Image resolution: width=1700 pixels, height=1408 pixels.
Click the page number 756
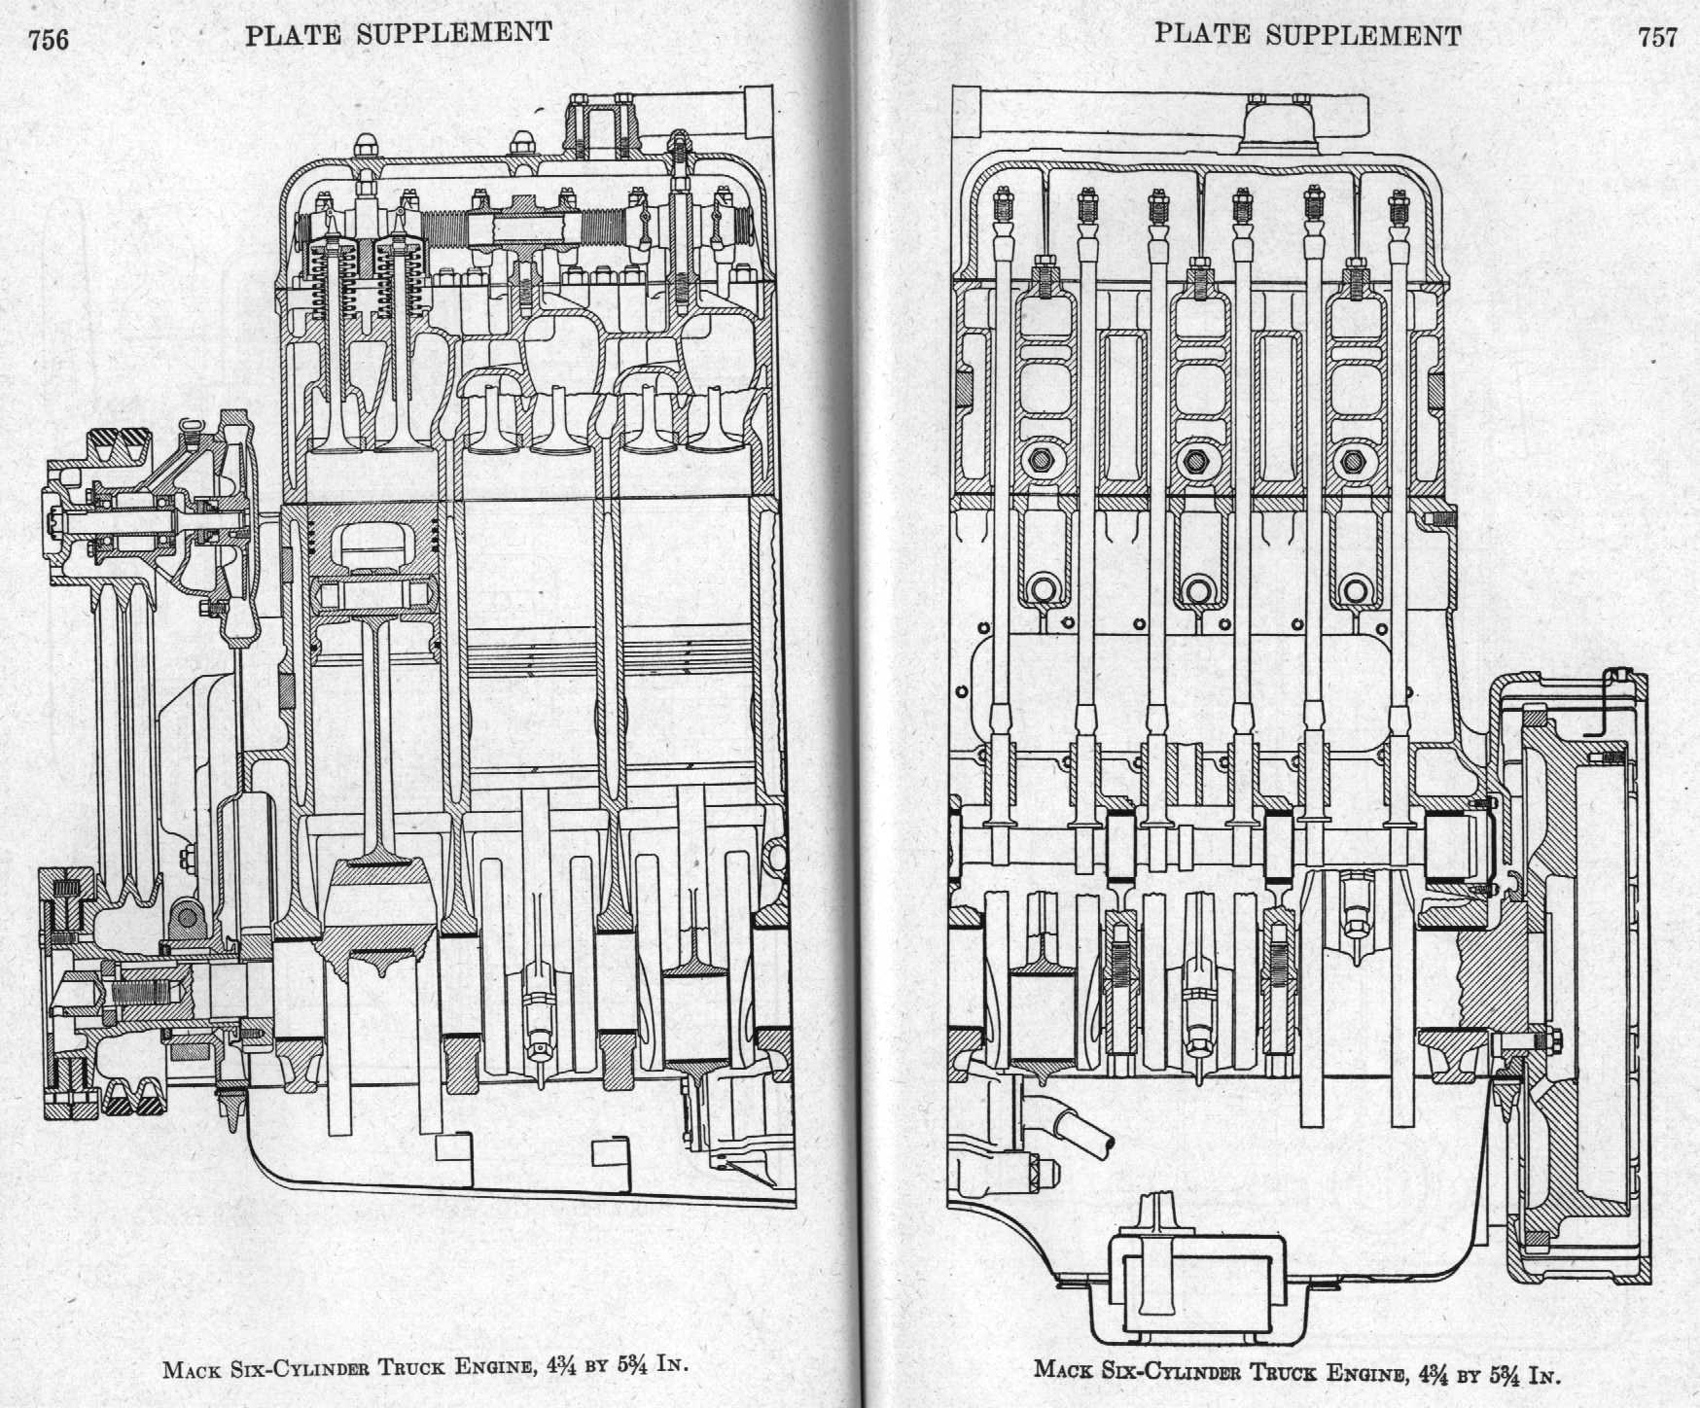(48, 39)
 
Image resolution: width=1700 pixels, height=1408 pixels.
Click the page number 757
(1657, 37)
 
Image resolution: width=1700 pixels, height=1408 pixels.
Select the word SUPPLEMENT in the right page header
(1364, 36)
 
